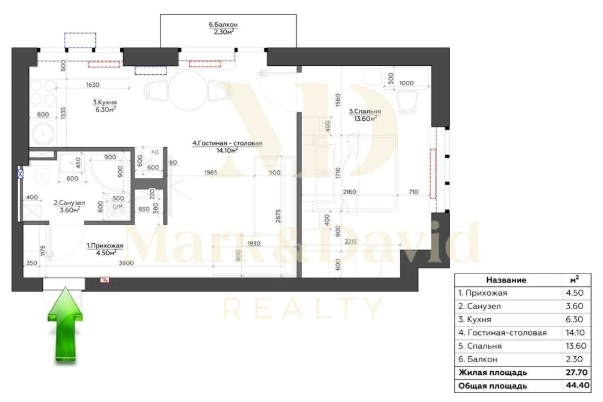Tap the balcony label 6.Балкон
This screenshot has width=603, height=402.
click(x=223, y=24)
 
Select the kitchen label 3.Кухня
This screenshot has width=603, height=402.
click(x=104, y=103)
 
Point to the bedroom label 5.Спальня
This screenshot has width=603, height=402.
click(x=365, y=112)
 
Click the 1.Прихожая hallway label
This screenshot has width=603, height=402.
click(x=104, y=246)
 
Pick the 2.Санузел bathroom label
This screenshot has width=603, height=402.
click(x=69, y=203)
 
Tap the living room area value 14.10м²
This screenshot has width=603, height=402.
click(x=227, y=150)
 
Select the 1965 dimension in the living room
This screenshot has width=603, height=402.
click(x=210, y=173)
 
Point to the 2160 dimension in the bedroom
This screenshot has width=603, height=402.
click(x=349, y=192)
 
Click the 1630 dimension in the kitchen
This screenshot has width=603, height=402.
click(x=93, y=85)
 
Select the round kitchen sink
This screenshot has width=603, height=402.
click(x=43, y=134)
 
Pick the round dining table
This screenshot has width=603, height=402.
click(x=188, y=91)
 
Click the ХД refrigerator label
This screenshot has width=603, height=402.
click(x=154, y=152)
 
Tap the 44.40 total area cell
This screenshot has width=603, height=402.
click(x=575, y=386)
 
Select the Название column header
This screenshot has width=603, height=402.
click(x=506, y=280)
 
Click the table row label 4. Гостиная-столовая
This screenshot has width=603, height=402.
click(x=502, y=333)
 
